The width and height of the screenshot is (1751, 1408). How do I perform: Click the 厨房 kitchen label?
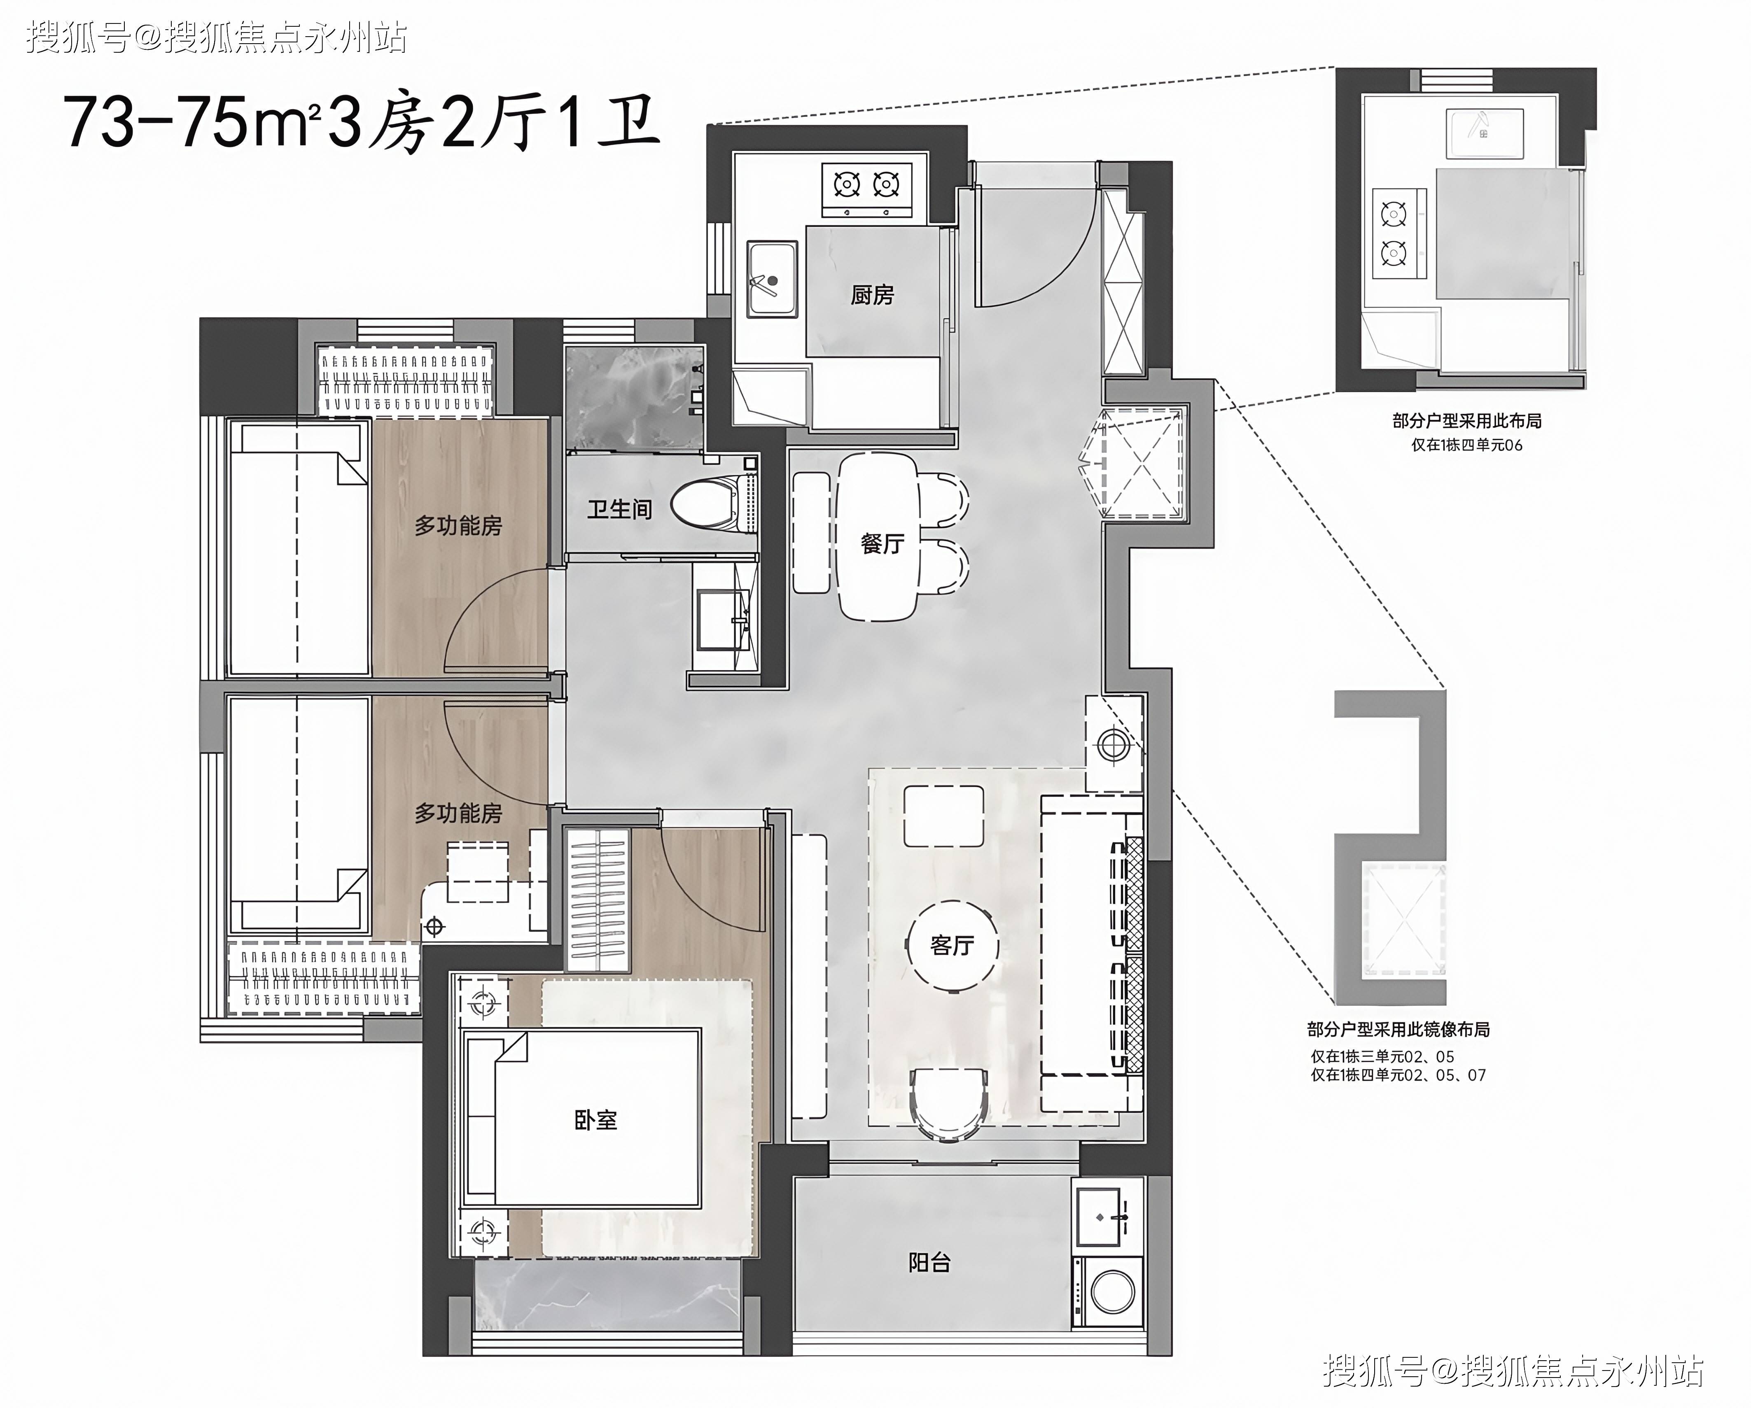point(872,295)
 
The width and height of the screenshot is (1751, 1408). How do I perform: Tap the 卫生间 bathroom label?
point(620,509)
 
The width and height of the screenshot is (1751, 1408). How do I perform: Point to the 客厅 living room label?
point(952,945)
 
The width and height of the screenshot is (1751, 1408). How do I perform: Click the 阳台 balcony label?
point(929,1262)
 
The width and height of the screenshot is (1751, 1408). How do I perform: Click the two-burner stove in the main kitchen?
point(866,189)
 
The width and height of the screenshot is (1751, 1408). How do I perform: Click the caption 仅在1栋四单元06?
point(1467,445)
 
